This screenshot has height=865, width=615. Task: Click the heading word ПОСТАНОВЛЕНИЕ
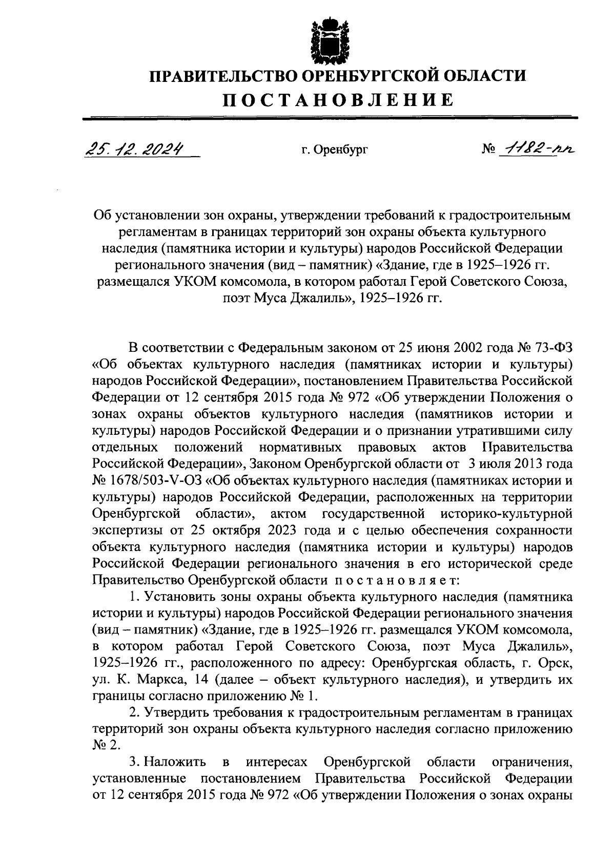[337, 99]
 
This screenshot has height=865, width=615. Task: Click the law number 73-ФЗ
[549, 349]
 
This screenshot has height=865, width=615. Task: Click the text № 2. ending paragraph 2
[107, 746]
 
